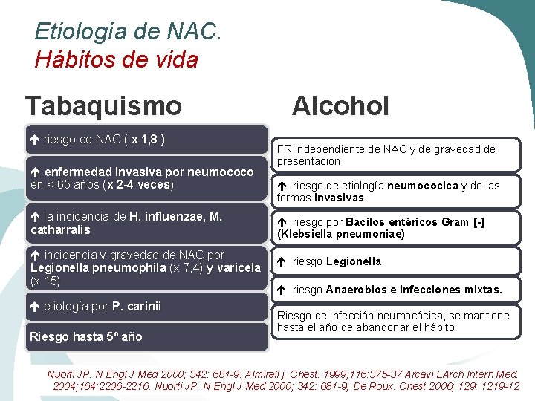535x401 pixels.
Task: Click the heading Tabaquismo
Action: point(103,105)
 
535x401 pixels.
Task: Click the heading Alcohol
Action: point(340,106)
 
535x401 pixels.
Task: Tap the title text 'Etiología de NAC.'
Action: point(128,32)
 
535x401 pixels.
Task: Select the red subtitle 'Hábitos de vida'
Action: point(117,59)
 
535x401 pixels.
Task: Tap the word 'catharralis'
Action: point(60,230)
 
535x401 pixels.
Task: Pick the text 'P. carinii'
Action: point(137,307)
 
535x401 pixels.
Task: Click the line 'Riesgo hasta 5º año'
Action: point(85,337)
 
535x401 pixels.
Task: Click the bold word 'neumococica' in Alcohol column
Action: point(422,186)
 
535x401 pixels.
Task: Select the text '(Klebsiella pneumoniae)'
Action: point(341,234)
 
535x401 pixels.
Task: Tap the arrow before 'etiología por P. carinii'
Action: point(35,307)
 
